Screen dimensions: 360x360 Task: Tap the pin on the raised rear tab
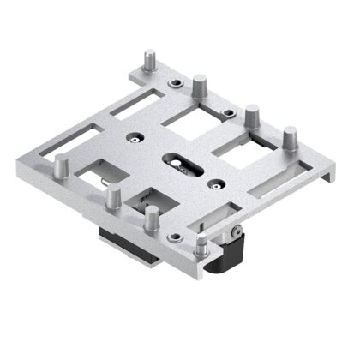click(150, 62)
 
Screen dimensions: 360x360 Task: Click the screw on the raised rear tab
click(175, 83)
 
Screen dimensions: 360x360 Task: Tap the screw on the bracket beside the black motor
click(235, 231)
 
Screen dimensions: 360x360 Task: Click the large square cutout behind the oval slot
click(191, 125)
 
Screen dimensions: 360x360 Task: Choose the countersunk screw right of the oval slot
click(218, 182)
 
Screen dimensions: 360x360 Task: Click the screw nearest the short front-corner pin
click(176, 237)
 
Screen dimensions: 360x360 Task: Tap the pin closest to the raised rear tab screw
click(200, 87)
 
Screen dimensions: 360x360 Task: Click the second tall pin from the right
click(252, 116)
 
